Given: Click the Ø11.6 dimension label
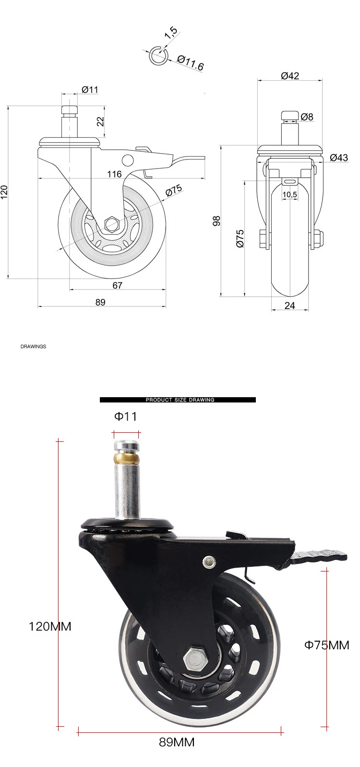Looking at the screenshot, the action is [x=191, y=62].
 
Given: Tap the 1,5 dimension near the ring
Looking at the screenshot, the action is [x=171, y=32].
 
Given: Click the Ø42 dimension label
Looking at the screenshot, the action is [x=290, y=75].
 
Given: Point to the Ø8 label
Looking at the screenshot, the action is [x=307, y=117].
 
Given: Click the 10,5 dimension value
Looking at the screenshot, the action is [x=289, y=195].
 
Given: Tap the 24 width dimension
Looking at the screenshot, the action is [x=289, y=305].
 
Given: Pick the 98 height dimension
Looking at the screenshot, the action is [x=216, y=221].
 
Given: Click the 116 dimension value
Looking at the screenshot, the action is [x=114, y=174].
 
